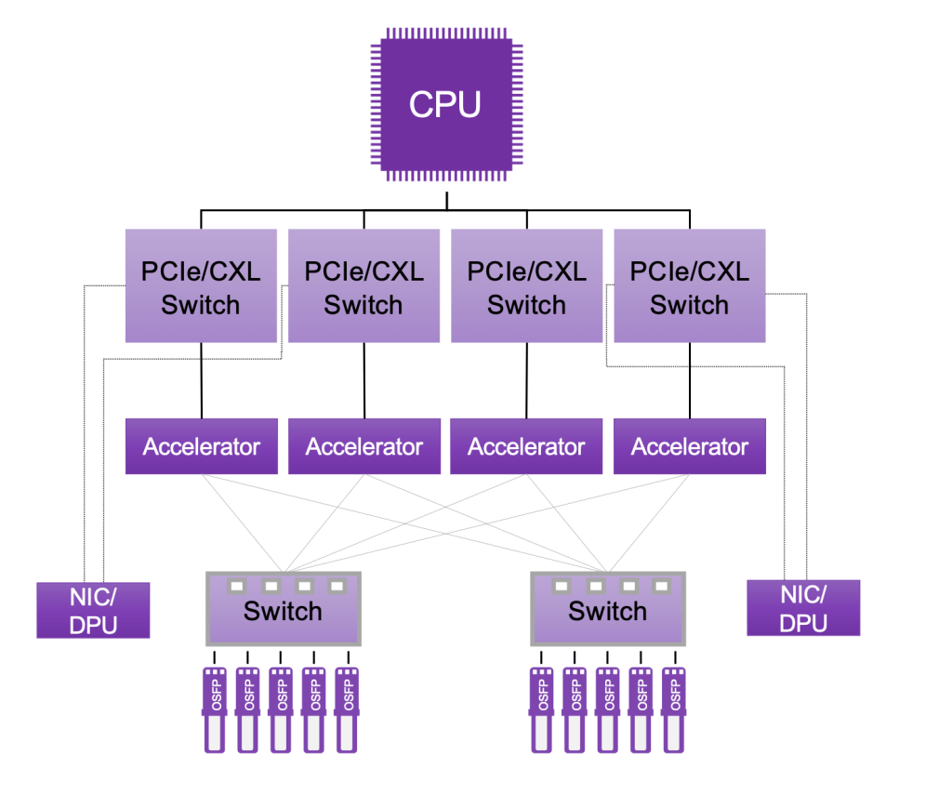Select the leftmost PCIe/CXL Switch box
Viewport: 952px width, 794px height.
coord(201,285)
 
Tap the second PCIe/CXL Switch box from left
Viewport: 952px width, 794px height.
coord(364,285)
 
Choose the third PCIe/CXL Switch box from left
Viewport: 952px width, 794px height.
coord(526,285)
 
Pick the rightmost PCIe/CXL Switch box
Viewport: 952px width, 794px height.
coord(689,285)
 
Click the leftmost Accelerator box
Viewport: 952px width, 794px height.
coord(201,446)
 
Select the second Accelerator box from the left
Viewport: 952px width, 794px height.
coord(364,446)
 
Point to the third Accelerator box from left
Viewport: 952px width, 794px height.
coord(526,446)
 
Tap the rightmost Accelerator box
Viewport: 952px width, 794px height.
coord(689,446)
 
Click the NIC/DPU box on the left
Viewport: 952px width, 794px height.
coord(93,610)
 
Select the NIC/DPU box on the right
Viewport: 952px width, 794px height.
coord(803,608)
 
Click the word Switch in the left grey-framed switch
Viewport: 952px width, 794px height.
coord(283,612)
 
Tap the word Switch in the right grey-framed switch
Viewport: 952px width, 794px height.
coord(607,612)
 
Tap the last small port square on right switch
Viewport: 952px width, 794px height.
coord(661,587)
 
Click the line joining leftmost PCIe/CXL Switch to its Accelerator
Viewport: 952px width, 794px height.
coord(201,380)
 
